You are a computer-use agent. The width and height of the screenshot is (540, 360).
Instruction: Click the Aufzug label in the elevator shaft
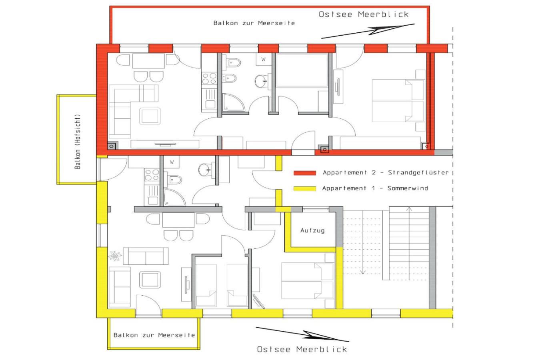tap(312, 231)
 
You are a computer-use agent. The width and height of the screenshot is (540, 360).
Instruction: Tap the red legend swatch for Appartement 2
tap(305, 173)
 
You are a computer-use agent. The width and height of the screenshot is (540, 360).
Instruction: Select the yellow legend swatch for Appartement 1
tap(305, 188)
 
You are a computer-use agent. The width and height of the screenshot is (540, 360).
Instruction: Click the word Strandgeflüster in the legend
tap(418, 173)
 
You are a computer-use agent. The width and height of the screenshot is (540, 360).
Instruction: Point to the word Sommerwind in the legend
tap(408, 188)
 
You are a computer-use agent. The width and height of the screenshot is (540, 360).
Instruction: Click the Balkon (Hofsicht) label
tap(77, 142)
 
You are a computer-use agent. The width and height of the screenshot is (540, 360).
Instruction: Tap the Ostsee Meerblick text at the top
tap(364, 14)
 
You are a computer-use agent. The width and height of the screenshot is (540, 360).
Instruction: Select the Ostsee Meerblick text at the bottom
tap(302, 349)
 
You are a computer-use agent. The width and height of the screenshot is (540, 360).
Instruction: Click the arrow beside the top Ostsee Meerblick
tap(368, 31)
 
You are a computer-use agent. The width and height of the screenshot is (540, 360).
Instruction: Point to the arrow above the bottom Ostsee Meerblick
tap(302, 334)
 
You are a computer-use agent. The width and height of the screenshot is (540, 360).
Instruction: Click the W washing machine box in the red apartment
tap(264, 59)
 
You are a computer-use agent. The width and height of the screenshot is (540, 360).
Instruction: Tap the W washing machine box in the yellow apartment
tap(172, 162)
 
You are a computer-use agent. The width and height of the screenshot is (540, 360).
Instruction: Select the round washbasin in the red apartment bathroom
tap(261, 81)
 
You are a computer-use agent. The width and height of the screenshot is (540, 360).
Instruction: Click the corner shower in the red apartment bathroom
tap(233, 102)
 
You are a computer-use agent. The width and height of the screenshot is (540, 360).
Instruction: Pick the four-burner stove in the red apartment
tap(209, 79)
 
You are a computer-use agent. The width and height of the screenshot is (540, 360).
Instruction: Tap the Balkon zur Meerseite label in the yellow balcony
tap(154, 335)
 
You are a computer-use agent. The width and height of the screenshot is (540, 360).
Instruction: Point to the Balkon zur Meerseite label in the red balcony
tap(254, 23)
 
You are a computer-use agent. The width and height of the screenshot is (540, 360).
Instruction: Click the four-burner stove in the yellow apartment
tap(152, 175)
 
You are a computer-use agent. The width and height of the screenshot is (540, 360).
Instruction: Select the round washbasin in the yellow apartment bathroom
tap(205, 170)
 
